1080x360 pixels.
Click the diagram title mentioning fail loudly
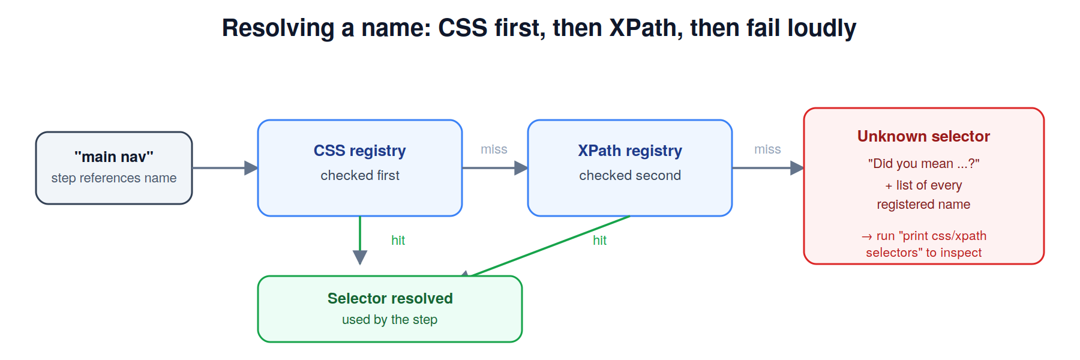[539, 28]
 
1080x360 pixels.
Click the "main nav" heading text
[114, 157]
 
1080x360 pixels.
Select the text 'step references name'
[114, 178]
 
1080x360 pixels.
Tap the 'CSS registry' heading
[360, 151]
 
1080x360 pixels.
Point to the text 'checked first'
[360, 175]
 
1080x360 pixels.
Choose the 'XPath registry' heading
[630, 151]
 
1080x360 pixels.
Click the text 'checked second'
[630, 175]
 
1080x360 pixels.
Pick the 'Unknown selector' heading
[924, 136]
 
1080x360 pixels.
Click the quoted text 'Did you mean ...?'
[924, 163]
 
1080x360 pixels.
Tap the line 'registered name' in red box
[924, 205]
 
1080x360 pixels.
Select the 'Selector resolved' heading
[390, 298]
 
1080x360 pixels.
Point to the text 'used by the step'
[390, 320]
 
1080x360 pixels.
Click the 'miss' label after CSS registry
[494, 149]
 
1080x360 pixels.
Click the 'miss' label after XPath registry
[767, 149]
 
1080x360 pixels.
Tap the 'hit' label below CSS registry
[398, 241]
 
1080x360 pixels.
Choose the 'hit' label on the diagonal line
[599, 241]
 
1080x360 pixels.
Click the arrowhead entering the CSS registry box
[251, 168]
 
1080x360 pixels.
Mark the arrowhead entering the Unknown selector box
[797, 168]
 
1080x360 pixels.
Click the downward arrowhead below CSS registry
[360, 257]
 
